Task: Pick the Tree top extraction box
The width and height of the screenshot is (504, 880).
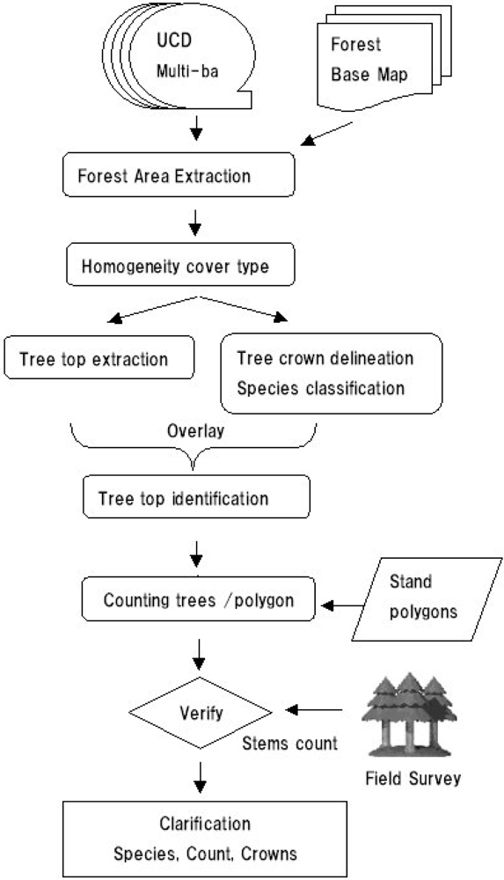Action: (99, 360)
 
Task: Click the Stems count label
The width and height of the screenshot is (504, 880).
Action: (289, 743)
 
